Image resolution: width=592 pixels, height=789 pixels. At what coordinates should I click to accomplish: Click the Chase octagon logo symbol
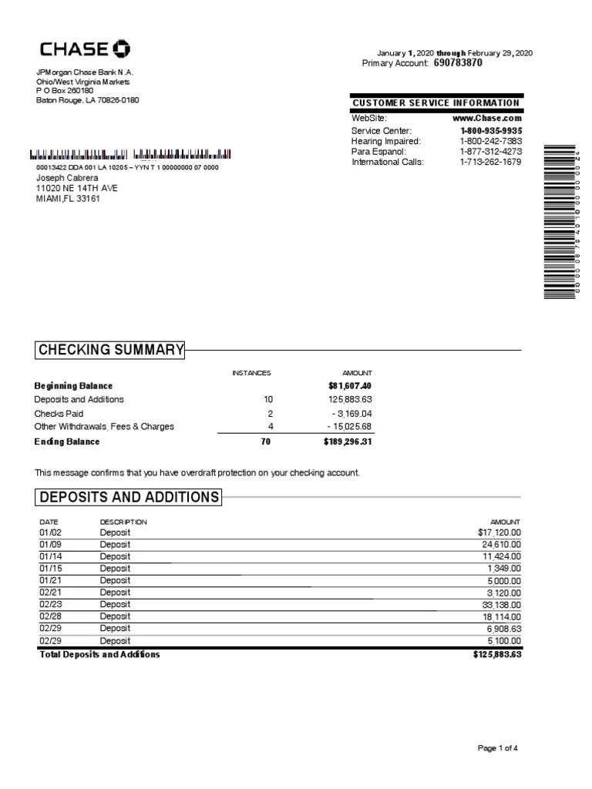click(x=122, y=50)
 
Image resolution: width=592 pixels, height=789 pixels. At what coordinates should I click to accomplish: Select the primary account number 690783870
click(x=458, y=63)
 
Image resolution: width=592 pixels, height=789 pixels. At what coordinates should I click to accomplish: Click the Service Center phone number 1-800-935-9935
click(x=490, y=131)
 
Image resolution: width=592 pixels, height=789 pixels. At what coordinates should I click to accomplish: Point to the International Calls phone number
click(x=490, y=163)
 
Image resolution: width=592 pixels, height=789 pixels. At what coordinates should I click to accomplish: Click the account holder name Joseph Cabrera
click(x=68, y=177)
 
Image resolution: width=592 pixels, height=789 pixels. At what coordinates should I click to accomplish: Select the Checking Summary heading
click(x=111, y=351)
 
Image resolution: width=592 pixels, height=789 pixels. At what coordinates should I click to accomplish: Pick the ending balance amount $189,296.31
click(x=348, y=442)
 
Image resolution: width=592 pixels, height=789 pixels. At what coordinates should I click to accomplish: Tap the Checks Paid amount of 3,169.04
click(x=351, y=414)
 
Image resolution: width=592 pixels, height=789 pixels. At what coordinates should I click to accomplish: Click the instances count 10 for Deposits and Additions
click(x=268, y=400)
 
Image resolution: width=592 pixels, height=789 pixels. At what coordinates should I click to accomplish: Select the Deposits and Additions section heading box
click(x=129, y=497)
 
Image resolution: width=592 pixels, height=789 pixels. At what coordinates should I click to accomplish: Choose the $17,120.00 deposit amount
click(x=499, y=532)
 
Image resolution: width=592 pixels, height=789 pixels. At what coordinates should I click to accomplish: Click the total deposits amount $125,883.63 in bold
click(x=497, y=655)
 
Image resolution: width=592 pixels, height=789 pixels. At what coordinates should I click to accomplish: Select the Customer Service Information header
click(x=436, y=103)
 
